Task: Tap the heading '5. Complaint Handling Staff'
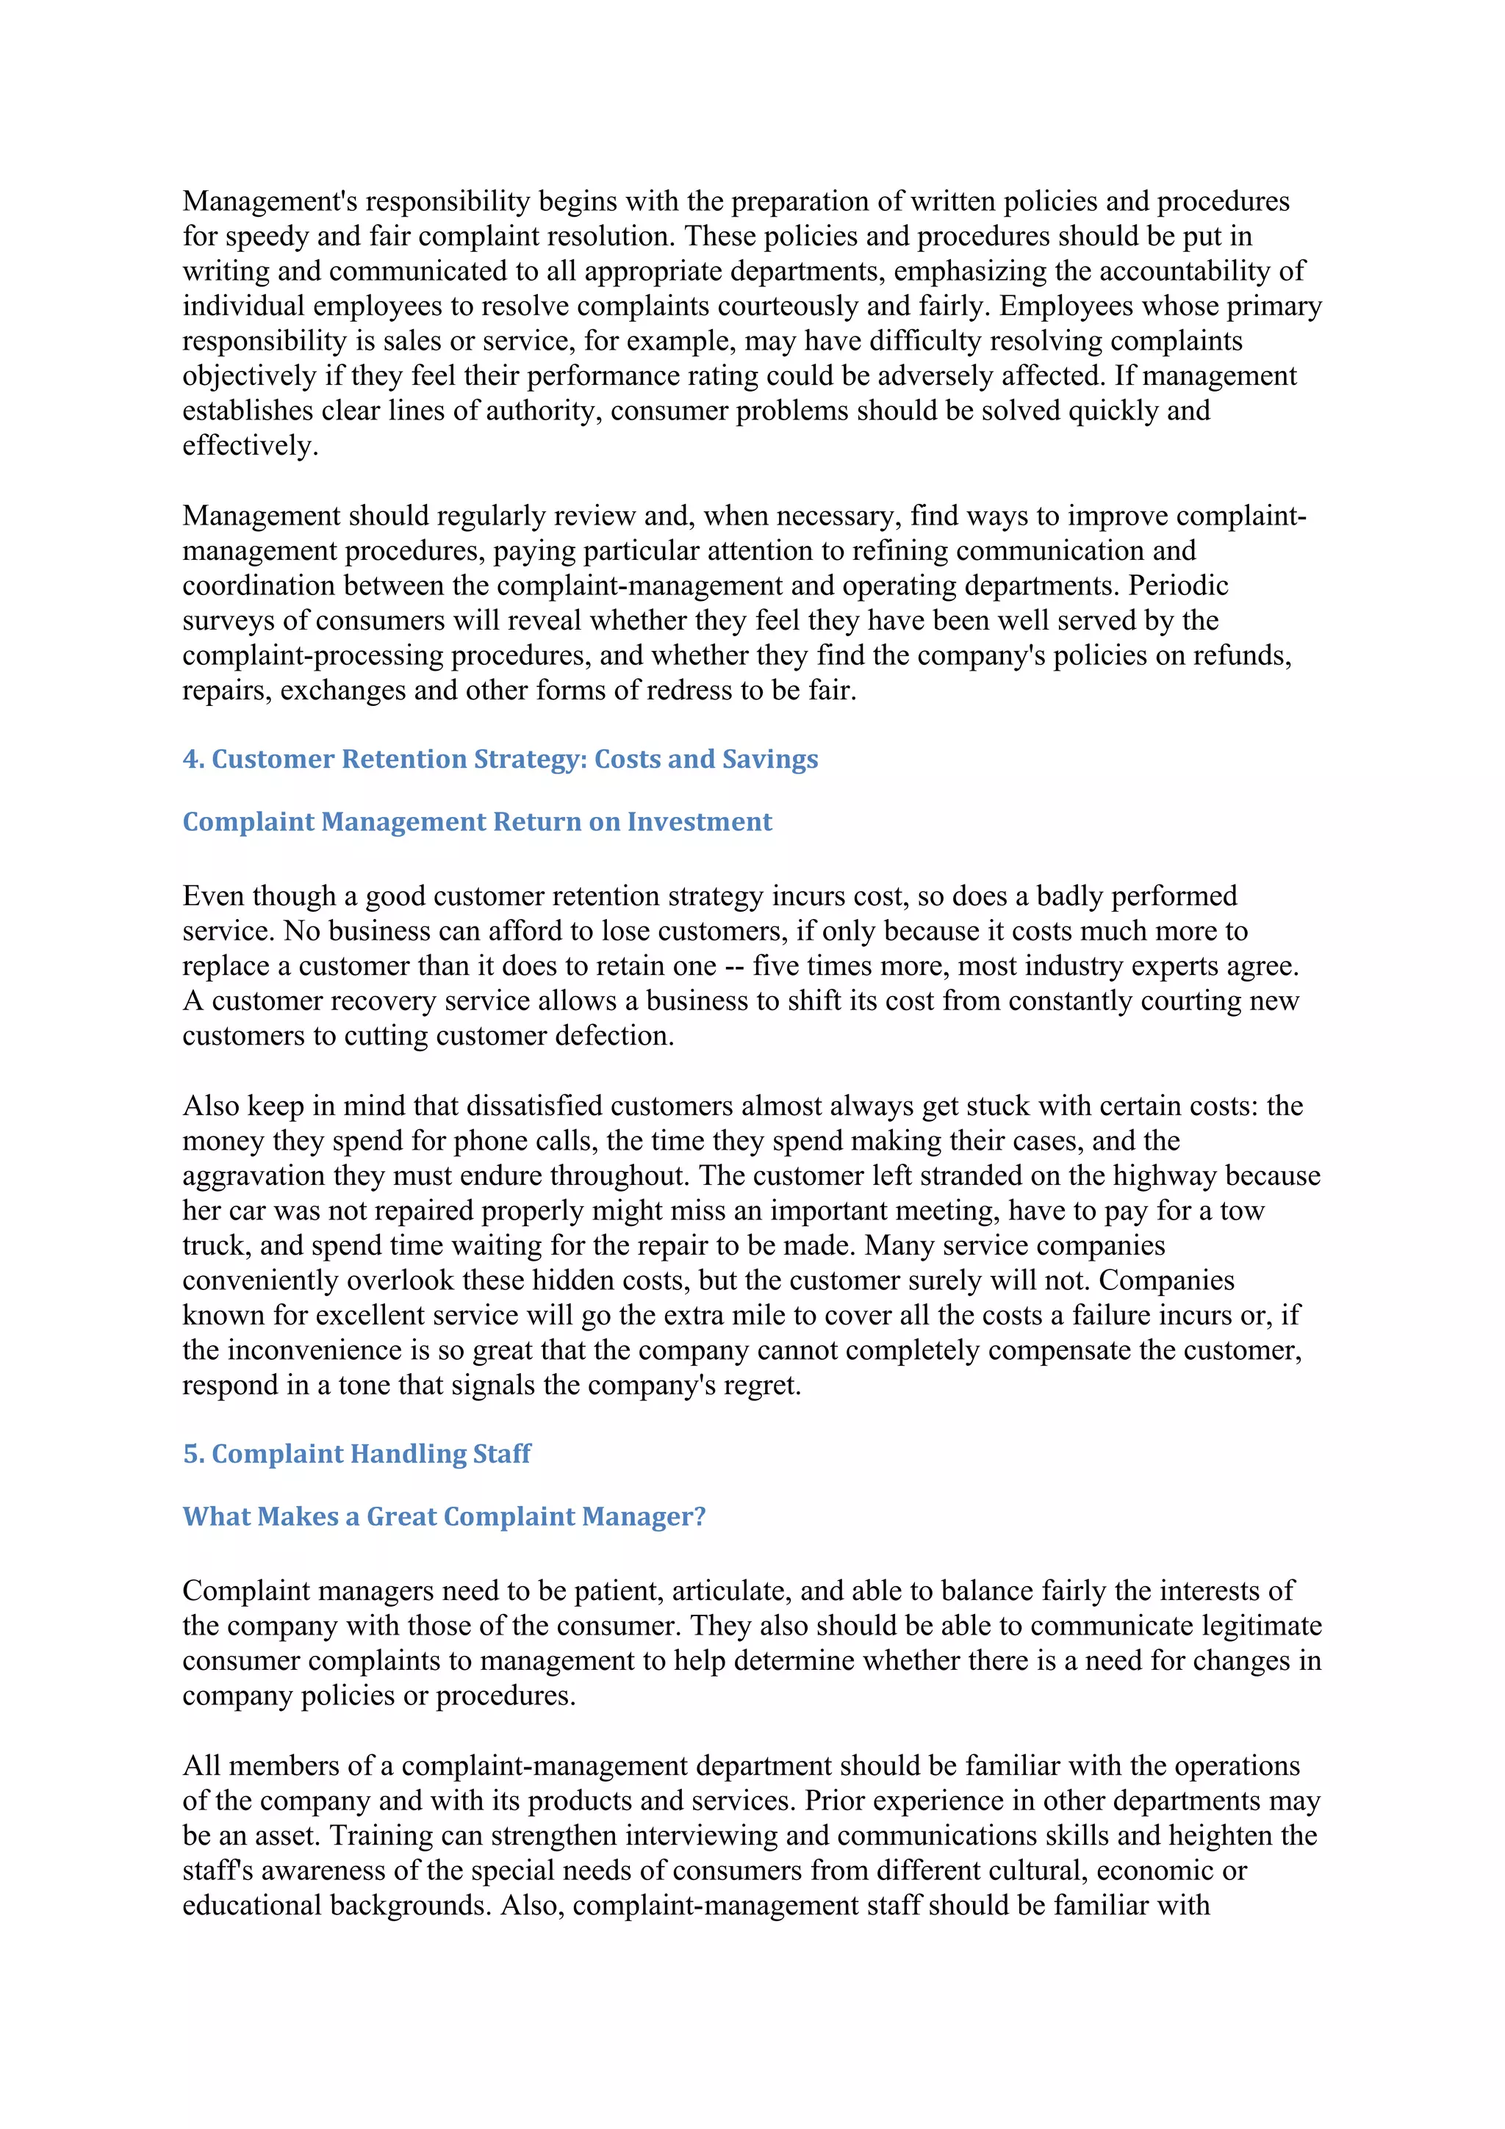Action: coord(356,1453)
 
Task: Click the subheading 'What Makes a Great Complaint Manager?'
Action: coord(443,1516)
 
